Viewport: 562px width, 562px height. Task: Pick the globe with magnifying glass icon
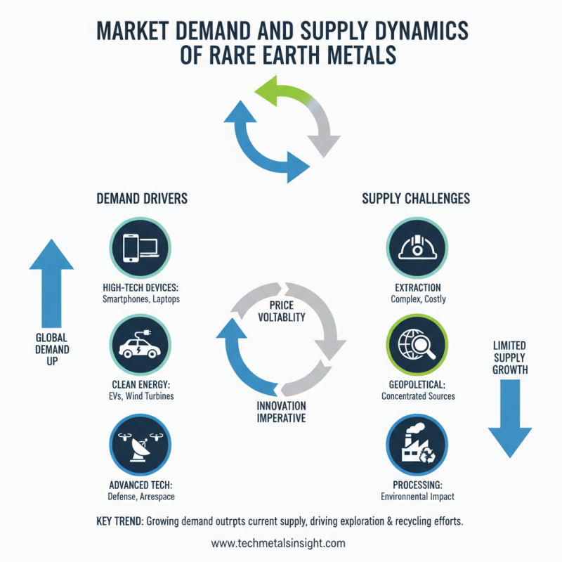(416, 344)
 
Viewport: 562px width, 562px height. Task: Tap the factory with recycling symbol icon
(416, 444)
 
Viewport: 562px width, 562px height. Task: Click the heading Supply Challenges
(416, 199)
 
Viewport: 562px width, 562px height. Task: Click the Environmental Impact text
(417, 497)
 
